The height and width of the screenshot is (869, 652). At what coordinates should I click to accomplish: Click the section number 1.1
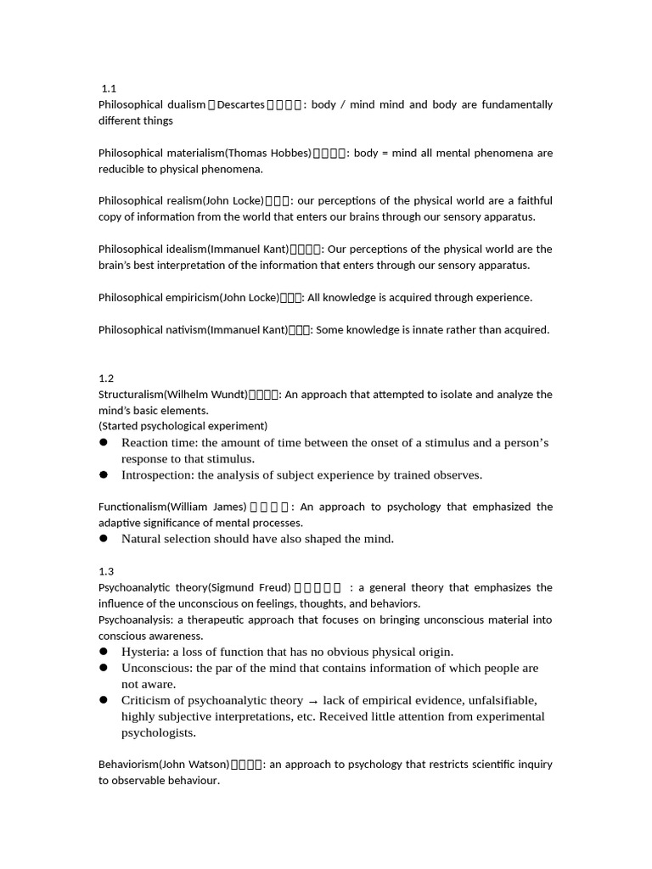tap(108, 88)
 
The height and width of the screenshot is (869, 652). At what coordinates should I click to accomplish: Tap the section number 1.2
tap(106, 378)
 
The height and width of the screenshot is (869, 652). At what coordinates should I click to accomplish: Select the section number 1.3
tap(106, 571)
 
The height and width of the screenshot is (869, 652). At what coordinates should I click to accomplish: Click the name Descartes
tap(241, 104)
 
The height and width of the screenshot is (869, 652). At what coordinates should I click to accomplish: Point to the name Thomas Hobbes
tap(268, 153)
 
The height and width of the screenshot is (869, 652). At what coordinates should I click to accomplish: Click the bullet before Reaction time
tap(104, 443)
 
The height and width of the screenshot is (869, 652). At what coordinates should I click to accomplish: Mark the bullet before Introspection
tap(104, 475)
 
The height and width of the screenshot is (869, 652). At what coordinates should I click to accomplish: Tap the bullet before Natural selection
tap(104, 539)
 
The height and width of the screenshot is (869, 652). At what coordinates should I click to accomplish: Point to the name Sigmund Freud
tap(251, 587)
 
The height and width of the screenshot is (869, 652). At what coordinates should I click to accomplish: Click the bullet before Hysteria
tap(104, 652)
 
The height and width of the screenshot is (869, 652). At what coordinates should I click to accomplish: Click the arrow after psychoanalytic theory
tap(313, 701)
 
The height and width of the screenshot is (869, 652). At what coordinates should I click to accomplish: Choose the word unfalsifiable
tap(497, 700)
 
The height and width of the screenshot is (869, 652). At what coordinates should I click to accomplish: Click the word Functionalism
tap(132, 507)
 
